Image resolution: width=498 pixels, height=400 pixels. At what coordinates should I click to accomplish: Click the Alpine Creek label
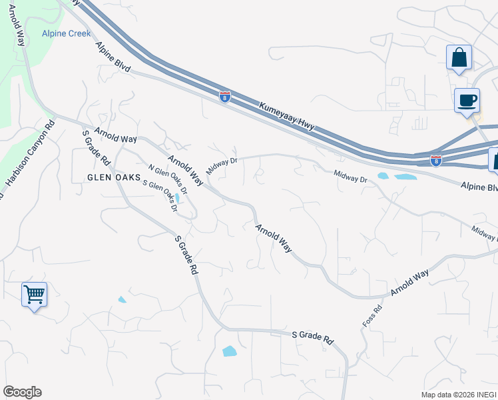click(66, 33)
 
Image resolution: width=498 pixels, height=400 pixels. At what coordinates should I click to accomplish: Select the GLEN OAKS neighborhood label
click(114, 177)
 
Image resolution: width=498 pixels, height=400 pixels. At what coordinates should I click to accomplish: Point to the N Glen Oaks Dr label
click(168, 180)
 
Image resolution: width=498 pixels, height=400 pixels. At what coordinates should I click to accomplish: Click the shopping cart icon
click(34, 294)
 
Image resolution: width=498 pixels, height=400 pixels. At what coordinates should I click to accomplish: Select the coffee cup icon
click(467, 101)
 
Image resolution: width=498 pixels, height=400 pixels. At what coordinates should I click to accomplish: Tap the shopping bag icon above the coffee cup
click(459, 58)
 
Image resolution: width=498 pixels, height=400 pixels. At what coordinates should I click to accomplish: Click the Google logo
click(22, 392)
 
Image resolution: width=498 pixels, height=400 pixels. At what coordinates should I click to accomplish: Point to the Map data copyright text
click(458, 395)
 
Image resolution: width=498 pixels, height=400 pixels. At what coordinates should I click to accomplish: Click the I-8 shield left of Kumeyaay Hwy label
click(225, 97)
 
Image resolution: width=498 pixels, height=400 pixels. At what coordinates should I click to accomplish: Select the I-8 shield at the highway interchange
click(435, 161)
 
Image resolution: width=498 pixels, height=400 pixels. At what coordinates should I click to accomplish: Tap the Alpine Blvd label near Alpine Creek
click(113, 58)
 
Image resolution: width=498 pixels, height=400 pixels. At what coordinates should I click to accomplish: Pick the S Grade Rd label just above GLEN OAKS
click(96, 148)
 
